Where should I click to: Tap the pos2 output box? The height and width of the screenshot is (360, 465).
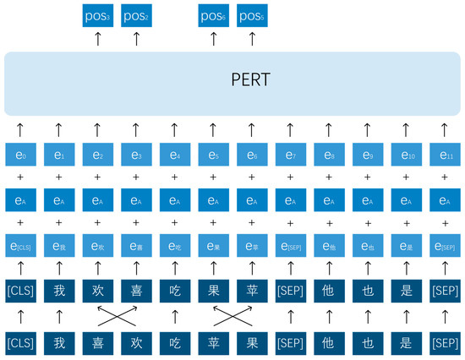135,14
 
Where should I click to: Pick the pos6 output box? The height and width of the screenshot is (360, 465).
212,14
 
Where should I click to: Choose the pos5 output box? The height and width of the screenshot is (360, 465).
251,14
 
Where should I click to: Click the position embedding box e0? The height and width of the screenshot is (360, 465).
19,157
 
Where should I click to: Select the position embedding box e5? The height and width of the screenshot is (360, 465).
212,157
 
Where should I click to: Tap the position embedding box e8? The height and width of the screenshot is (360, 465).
328,157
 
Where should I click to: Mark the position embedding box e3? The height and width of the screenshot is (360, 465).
135,157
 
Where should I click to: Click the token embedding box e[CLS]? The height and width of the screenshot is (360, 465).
19,244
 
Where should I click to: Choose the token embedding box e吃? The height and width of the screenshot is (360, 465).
174,244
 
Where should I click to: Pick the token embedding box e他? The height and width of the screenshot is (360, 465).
328,244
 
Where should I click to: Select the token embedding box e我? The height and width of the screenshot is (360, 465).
58,244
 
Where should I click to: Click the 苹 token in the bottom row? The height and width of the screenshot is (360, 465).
212,345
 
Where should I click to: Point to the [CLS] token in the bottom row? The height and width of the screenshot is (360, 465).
19,345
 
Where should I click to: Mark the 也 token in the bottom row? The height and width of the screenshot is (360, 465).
366,345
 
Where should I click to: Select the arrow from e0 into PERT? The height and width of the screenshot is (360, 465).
19,129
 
